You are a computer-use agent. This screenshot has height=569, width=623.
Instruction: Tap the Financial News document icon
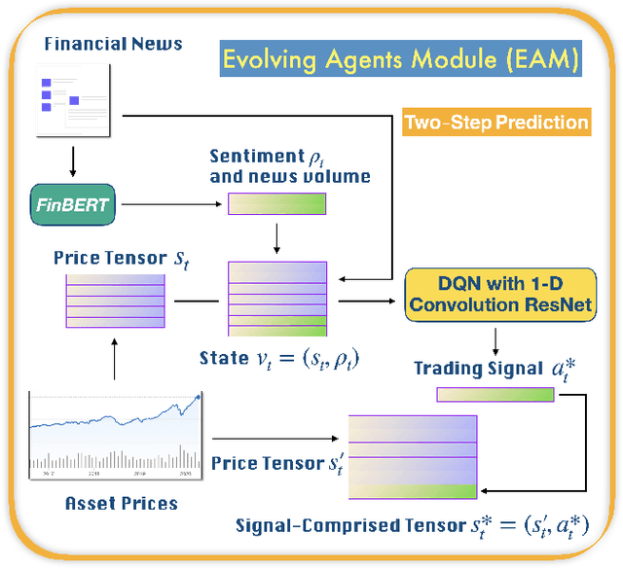click(72, 101)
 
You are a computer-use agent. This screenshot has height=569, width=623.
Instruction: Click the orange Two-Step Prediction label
click(496, 122)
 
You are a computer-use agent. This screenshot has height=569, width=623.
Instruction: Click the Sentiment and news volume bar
click(276, 203)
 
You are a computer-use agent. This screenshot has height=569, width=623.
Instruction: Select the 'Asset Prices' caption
click(121, 503)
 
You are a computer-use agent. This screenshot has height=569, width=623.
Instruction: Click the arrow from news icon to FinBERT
click(74, 160)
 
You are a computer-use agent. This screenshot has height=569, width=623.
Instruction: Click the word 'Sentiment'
click(257, 156)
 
